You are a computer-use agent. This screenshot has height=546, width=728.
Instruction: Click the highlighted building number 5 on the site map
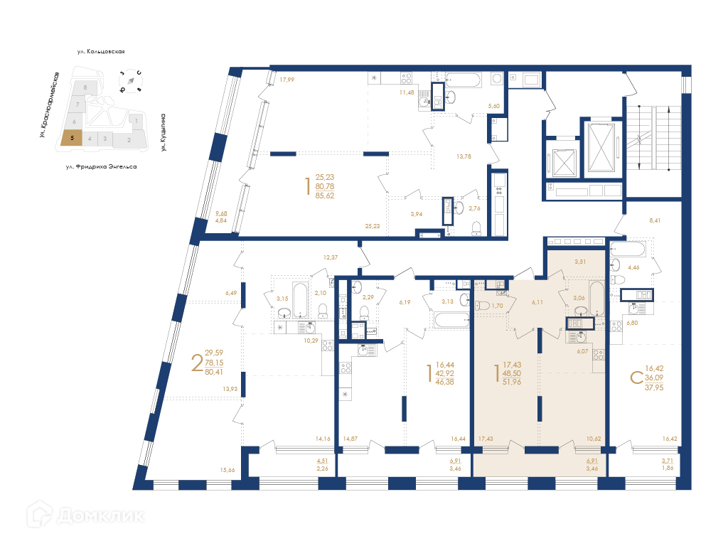(72, 138)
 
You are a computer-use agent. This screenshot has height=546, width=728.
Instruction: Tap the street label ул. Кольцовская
(101, 51)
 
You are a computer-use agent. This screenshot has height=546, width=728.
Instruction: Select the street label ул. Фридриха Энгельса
(101, 166)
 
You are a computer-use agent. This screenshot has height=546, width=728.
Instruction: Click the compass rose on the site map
(131, 80)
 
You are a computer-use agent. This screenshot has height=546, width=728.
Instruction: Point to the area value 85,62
(324, 196)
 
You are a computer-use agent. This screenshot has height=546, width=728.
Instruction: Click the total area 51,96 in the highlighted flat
(512, 382)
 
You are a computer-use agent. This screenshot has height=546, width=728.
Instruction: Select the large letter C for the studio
(636, 378)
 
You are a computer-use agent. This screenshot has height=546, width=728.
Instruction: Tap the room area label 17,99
(287, 80)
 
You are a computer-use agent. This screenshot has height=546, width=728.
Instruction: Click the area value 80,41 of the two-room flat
(214, 371)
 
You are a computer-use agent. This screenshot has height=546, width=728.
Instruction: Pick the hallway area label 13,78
(464, 156)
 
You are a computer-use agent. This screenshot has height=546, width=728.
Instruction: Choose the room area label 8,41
(655, 220)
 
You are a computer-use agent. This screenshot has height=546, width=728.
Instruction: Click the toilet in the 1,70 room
(483, 306)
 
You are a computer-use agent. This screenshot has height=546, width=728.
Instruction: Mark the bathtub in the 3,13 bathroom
(451, 320)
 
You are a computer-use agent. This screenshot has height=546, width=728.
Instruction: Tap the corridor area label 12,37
(331, 257)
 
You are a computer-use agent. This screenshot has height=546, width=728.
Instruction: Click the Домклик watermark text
(101, 515)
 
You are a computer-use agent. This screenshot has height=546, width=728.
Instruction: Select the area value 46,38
(445, 382)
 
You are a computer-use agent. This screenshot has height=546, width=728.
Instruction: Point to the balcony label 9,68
(221, 213)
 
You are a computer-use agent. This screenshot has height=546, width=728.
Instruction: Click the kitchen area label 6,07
(582, 351)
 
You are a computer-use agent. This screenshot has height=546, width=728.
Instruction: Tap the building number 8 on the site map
(85, 87)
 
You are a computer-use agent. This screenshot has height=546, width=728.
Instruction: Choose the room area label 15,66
(227, 470)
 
